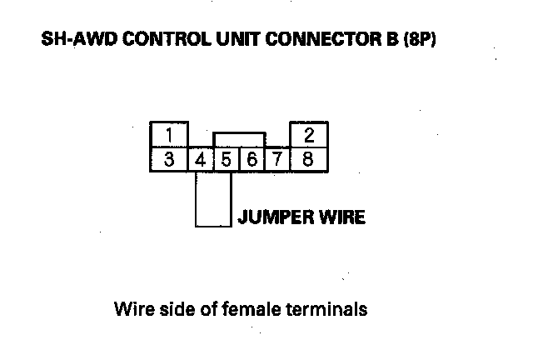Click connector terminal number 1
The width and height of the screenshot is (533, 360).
pos(169,134)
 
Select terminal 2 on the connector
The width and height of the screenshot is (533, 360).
pos(308,134)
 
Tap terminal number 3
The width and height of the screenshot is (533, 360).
pos(169,158)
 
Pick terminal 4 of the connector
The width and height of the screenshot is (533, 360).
pos(200,159)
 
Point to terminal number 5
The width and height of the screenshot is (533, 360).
pos(225,159)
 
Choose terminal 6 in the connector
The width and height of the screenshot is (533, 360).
pos(252,159)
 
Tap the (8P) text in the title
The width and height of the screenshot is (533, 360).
pos(420,39)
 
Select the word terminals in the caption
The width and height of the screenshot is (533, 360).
pos(326,310)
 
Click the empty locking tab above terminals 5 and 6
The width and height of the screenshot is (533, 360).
pos(239,139)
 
